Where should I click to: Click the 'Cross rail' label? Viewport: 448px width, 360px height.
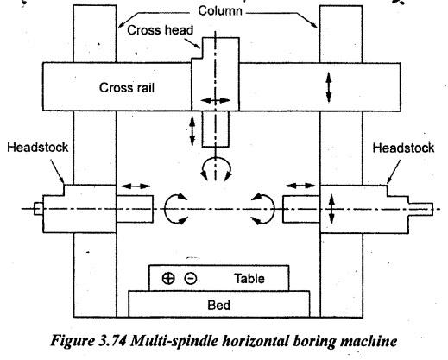click(x=127, y=88)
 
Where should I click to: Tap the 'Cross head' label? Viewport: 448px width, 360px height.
click(x=160, y=30)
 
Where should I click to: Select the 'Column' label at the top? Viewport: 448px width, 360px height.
click(x=220, y=11)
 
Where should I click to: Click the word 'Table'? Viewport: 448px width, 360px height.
click(x=249, y=279)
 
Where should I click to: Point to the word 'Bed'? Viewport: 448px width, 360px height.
click(x=218, y=305)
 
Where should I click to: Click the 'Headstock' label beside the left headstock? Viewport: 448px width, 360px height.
click(x=38, y=148)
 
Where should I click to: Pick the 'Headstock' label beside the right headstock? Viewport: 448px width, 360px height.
click(x=403, y=148)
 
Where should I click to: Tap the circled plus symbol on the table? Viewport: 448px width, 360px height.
click(x=168, y=278)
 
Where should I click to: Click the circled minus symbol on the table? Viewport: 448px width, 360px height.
click(x=191, y=278)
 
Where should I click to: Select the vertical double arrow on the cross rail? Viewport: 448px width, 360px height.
click(x=329, y=87)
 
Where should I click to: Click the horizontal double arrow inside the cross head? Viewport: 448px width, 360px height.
click(x=215, y=100)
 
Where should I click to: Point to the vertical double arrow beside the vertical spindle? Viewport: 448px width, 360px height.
click(x=192, y=131)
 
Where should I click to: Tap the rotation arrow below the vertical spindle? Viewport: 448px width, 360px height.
click(x=216, y=159)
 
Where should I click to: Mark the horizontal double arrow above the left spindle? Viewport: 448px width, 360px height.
click(x=136, y=186)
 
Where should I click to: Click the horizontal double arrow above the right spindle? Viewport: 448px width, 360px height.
click(x=300, y=186)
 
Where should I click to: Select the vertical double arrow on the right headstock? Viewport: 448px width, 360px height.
click(x=331, y=209)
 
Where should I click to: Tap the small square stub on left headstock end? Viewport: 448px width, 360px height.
click(x=38, y=209)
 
